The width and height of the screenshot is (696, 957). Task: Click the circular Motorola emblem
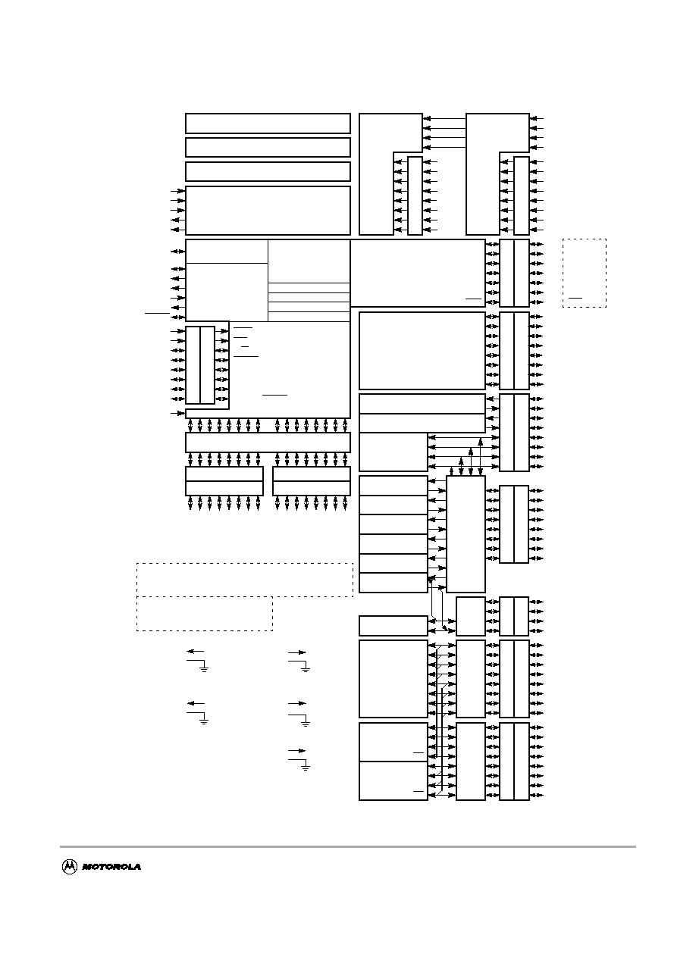pos(70,866)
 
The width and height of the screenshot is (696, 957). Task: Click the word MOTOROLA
pos(111,867)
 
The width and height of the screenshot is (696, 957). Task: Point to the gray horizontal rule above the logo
pos(347,846)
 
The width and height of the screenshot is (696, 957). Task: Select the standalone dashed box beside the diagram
pos(585,273)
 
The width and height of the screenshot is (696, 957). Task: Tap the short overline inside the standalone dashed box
pos(575,299)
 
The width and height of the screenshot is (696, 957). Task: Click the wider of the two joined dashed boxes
pos(245,580)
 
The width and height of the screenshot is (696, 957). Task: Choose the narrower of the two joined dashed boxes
pos(205,614)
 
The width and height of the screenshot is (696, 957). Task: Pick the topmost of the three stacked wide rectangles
pos(268,124)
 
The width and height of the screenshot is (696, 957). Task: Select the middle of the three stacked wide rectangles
pos(268,148)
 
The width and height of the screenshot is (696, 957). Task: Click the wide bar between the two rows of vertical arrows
pos(268,443)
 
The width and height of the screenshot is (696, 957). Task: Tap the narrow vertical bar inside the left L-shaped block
pos(415,195)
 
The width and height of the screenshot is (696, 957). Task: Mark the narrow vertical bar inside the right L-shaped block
pos(522,195)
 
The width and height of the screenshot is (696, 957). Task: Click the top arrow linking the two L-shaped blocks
pos(444,118)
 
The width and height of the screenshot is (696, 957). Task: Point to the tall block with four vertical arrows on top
pos(466,534)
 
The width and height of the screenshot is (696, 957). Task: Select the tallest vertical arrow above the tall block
pos(481,457)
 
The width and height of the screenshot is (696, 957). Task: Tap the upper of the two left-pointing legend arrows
pos(196,652)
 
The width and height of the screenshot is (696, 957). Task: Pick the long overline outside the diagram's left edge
pos(158,313)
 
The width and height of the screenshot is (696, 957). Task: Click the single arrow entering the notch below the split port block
pos(178,413)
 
